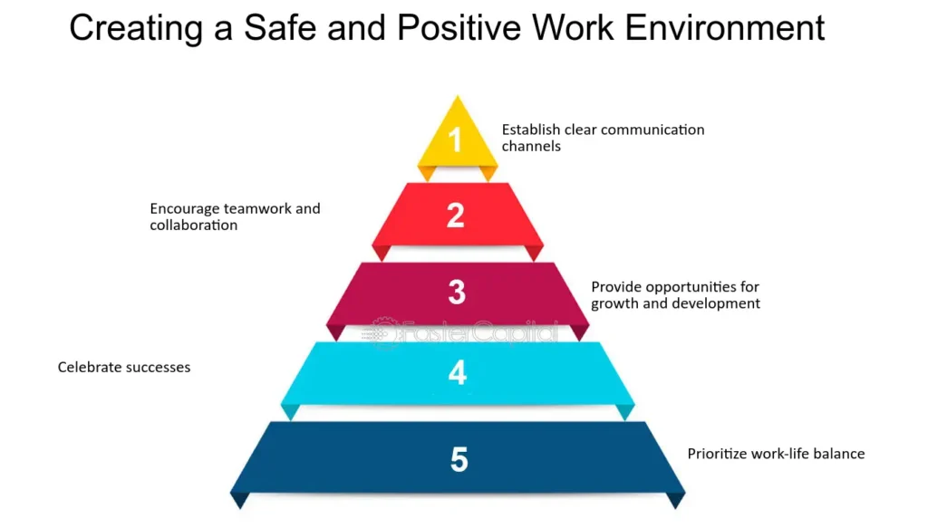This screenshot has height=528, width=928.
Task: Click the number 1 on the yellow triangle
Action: click(x=455, y=140)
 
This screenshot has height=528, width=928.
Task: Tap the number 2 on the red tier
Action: click(x=455, y=215)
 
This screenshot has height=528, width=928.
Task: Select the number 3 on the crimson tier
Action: click(x=457, y=292)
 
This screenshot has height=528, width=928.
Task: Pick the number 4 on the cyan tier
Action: click(x=457, y=372)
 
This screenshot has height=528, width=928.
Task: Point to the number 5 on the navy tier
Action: click(x=459, y=459)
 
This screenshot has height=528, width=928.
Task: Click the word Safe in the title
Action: click(x=280, y=27)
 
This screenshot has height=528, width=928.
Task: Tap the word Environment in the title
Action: click(x=725, y=27)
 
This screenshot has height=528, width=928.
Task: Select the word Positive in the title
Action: click(x=459, y=27)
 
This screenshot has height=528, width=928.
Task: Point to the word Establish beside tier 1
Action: click(x=531, y=130)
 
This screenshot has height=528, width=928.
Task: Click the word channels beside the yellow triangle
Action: click(x=531, y=146)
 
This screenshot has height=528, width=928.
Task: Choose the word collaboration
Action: click(x=194, y=226)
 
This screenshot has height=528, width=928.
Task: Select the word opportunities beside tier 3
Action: click(x=687, y=287)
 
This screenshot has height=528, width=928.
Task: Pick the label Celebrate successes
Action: click(x=123, y=367)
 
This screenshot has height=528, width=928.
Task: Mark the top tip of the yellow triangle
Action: click(x=457, y=96)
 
